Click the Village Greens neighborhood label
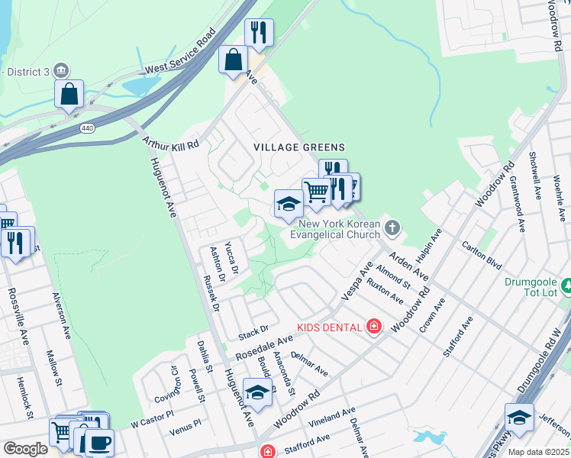pyautogui.click(x=300, y=147)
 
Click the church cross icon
pyautogui.click(x=392, y=227)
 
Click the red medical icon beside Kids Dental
pyautogui.click(x=374, y=327)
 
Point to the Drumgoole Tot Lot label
pyautogui.click(x=531, y=287)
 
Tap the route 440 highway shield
pyautogui.click(x=86, y=129)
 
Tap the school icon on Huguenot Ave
pyautogui.click(x=258, y=392)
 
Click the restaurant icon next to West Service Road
pyautogui.click(x=259, y=32)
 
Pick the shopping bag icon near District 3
pyautogui.click(x=69, y=94)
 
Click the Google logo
pyautogui.click(x=25, y=449)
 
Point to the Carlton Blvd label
pyautogui.click(x=482, y=254)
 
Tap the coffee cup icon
pyautogui.click(x=99, y=442)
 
